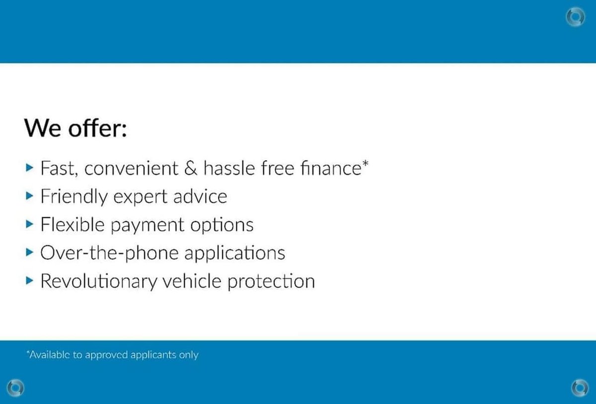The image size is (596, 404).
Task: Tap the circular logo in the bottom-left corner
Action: coord(15,388)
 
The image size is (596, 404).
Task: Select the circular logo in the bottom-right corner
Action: coord(580,388)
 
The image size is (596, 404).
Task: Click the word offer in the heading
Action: coord(97,128)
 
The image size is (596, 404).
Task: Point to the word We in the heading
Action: coord(43,128)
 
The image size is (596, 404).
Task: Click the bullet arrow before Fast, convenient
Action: coord(29,168)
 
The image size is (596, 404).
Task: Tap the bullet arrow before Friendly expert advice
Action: coord(29,196)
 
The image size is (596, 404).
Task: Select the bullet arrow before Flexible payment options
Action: coord(29,224)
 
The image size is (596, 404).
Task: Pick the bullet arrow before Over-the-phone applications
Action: coord(29,252)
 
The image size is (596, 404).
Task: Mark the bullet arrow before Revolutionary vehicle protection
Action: coord(29,280)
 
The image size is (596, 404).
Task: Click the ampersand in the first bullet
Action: coord(191,168)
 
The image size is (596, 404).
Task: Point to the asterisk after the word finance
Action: coord(366,163)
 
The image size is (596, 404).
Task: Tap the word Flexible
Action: coord(73,224)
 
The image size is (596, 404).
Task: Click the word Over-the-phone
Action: coord(109,253)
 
